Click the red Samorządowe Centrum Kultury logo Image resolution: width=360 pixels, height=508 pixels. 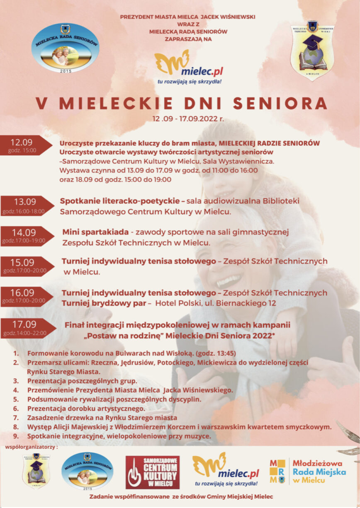click(153, 472)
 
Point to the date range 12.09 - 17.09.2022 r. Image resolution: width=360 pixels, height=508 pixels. click(188, 119)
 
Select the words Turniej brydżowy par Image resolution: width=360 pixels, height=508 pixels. click(104, 303)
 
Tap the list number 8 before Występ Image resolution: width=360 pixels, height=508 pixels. click(16, 427)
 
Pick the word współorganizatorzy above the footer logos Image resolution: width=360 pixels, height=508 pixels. click(32, 447)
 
